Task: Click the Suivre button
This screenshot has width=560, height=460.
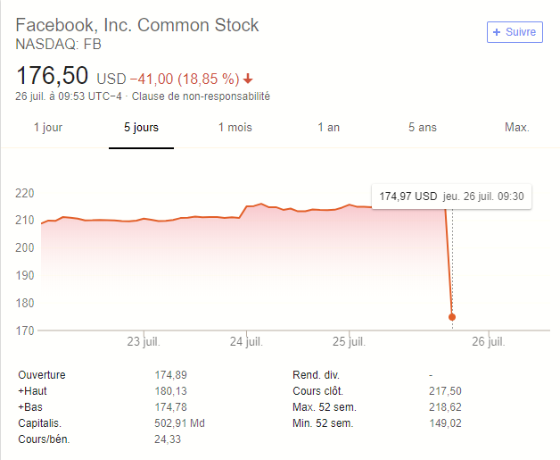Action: [x=515, y=32]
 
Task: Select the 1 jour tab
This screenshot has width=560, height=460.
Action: [x=48, y=128]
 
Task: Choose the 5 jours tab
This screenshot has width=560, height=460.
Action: [x=141, y=128]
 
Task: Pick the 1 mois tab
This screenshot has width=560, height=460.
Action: [x=235, y=128]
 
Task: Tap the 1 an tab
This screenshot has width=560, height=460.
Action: [x=329, y=128]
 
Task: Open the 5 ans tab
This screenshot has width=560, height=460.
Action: [x=423, y=128]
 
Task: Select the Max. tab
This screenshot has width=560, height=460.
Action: [x=517, y=128]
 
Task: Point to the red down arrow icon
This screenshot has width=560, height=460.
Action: [x=248, y=78]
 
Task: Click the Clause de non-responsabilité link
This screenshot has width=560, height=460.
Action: [x=201, y=96]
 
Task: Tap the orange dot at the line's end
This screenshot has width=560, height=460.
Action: [x=452, y=317]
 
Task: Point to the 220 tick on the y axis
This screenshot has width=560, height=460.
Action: [x=25, y=193]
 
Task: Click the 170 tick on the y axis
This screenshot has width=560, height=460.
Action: [x=25, y=330]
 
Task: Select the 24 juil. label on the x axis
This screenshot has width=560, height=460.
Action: [x=246, y=342]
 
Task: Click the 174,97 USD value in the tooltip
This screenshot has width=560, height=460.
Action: [x=408, y=196]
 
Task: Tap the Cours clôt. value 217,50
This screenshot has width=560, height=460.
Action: [x=446, y=391]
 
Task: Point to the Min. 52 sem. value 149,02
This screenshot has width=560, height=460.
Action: [x=446, y=423]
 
